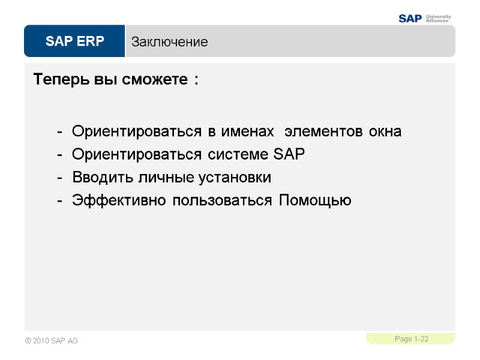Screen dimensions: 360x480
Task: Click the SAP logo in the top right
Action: [x=411, y=18]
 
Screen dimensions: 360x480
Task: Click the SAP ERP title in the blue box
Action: [x=74, y=41]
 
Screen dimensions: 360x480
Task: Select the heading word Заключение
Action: [x=170, y=42]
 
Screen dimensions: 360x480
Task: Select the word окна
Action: [x=385, y=131]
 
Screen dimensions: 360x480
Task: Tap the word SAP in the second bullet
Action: [x=289, y=155]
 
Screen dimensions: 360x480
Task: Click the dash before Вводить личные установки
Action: [x=59, y=178]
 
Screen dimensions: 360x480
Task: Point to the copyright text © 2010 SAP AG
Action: [x=52, y=341]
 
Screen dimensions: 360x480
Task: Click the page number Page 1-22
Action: [x=412, y=340]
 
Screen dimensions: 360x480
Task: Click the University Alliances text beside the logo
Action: [x=437, y=18]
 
